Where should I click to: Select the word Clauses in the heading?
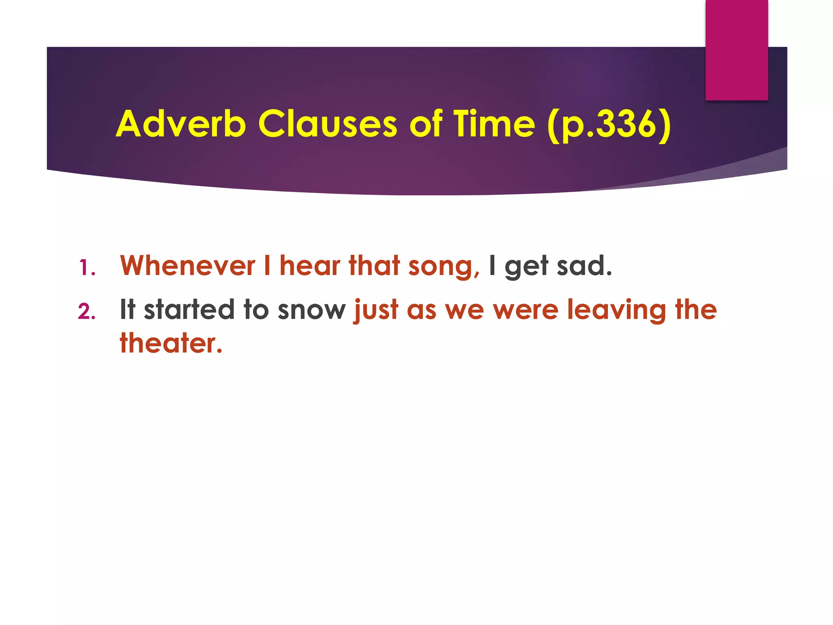point(327,124)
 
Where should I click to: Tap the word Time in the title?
point(494,124)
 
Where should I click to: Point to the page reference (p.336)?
point(609,125)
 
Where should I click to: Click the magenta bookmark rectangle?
point(737,50)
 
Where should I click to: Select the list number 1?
point(87,268)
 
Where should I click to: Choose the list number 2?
point(87,312)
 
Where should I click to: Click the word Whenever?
point(188,266)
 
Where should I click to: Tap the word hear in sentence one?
point(310,266)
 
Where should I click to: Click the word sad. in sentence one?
point(584,266)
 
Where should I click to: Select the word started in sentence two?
point(189,310)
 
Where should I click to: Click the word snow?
point(312,310)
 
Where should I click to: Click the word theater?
point(171,343)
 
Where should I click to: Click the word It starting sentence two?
point(127,310)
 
